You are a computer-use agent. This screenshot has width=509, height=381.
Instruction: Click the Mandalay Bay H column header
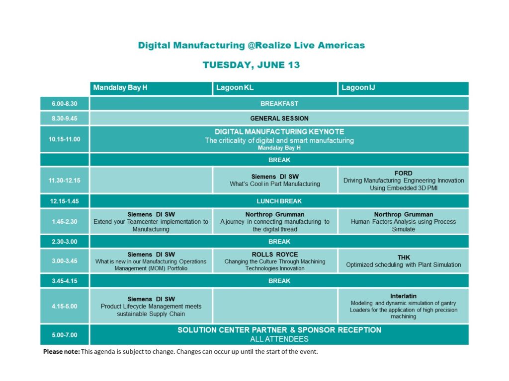(x=151, y=88)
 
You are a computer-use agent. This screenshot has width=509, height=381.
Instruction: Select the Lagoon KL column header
(x=275, y=88)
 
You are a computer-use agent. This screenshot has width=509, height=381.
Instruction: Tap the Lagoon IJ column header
(x=404, y=88)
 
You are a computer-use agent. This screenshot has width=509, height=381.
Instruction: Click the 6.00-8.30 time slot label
(x=65, y=104)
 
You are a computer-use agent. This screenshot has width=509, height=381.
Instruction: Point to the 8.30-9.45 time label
(x=65, y=119)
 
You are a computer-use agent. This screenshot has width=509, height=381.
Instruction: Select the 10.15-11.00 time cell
(x=65, y=139)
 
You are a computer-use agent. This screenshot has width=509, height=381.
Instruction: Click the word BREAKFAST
(x=279, y=104)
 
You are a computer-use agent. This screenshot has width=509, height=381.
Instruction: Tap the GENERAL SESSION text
(x=279, y=119)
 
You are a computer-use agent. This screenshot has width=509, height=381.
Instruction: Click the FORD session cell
(x=404, y=181)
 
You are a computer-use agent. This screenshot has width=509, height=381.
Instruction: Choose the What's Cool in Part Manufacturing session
(x=275, y=181)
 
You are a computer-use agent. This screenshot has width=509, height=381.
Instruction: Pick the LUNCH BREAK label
(x=279, y=201)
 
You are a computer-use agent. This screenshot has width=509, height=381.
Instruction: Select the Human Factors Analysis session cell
(x=404, y=222)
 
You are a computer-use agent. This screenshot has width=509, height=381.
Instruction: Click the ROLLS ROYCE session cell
(x=275, y=261)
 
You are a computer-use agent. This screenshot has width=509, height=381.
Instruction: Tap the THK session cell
(x=404, y=261)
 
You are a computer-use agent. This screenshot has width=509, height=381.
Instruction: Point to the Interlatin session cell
(x=404, y=306)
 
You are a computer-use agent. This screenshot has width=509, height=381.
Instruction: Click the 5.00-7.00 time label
(x=65, y=335)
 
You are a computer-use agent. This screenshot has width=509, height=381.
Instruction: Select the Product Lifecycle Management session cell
(x=151, y=306)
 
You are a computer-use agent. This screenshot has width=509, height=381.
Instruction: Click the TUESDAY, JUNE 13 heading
(x=251, y=65)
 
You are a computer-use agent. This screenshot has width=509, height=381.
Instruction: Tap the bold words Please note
(x=61, y=352)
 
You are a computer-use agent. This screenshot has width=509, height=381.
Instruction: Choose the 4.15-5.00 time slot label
(x=65, y=306)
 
